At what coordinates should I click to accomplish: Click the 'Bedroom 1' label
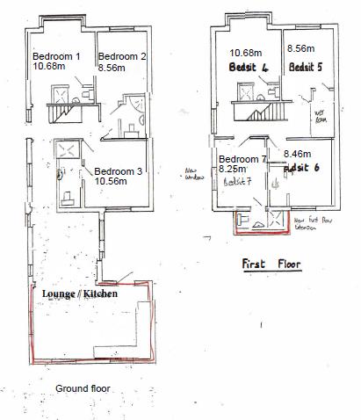(55, 55)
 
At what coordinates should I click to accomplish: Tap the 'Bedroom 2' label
(123, 55)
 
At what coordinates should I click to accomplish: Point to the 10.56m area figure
(112, 181)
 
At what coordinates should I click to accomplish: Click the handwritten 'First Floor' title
(271, 264)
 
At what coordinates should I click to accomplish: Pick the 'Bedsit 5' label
(306, 66)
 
